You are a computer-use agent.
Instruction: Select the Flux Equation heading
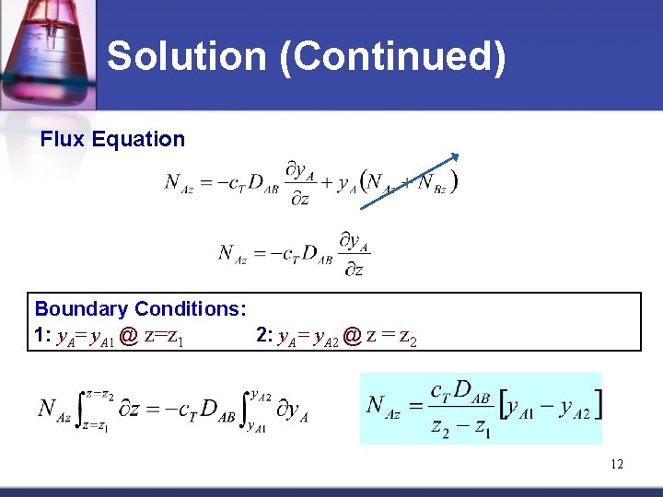pyautogui.click(x=112, y=140)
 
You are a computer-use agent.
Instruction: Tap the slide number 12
pyautogui.click(x=616, y=464)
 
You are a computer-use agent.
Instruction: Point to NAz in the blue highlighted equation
pyautogui.click(x=388, y=405)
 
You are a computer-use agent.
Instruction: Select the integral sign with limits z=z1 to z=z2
pyautogui.click(x=82, y=409)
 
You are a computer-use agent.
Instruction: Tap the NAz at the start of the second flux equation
pyautogui.click(x=232, y=253)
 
